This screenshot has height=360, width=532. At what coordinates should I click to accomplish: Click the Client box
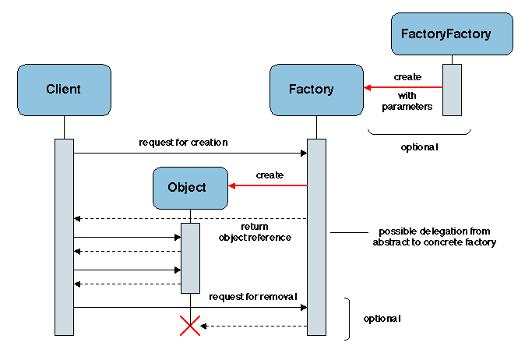[63, 90]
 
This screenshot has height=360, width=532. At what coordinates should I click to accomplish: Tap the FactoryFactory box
[452, 34]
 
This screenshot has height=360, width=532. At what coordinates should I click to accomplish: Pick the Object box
[190, 188]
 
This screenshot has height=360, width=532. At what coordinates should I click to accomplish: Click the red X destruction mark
[190, 326]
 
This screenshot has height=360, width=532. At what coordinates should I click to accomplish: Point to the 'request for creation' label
[183, 143]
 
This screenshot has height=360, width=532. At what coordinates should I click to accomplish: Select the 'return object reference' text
[255, 231]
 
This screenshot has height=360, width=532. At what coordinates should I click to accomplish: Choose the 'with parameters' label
[407, 101]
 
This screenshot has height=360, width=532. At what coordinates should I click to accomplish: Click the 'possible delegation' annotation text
[434, 237]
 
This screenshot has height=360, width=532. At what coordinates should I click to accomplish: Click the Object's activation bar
[190, 258]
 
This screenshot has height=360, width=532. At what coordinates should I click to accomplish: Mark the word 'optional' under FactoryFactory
[419, 146]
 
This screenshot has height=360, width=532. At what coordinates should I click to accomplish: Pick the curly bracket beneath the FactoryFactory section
[419, 133]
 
